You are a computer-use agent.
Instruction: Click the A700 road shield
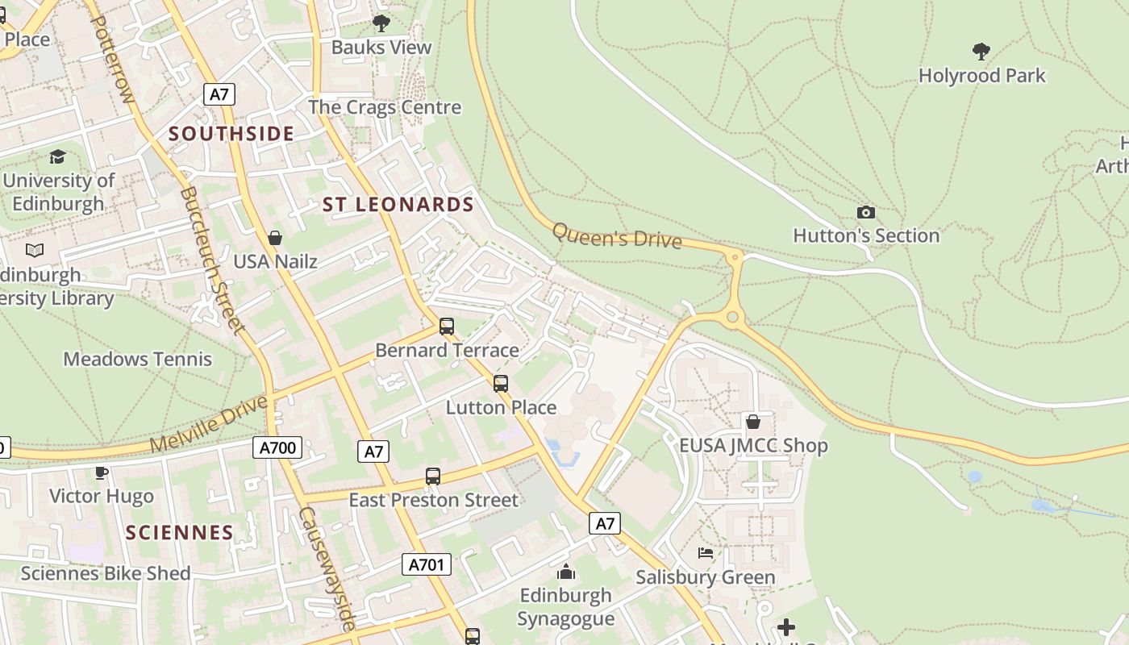pyautogui.click(x=278, y=447)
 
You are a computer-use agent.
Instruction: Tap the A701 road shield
pyautogui.click(x=427, y=564)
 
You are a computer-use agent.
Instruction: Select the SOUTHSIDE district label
pyautogui.click(x=231, y=134)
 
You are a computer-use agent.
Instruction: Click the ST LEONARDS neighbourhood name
pyautogui.click(x=398, y=205)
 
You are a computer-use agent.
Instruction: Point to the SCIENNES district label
pyautogui.click(x=180, y=532)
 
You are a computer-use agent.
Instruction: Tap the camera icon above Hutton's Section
pyautogui.click(x=865, y=212)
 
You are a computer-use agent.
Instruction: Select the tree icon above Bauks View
pyautogui.click(x=381, y=23)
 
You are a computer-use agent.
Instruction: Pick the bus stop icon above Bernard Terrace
pyautogui.click(x=446, y=327)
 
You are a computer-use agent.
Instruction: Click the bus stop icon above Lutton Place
pyautogui.click(x=501, y=384)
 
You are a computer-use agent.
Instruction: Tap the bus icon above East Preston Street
pyautogui.click(x=433, y=476)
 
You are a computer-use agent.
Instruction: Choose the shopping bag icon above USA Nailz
pyautogui.click(x=275, y=238)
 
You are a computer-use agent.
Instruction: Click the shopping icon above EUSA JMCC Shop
pyautogui.click(x=752, y=422)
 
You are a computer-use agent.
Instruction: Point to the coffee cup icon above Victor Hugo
pyautogui.click(x=101, y=472)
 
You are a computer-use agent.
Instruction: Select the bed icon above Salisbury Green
pyautogui.click(x=706, y=553)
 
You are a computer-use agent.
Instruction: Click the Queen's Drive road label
pyautogui.click(x=617, y=236)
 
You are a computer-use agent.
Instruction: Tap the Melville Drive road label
pyautogui.click(x=208, y=424)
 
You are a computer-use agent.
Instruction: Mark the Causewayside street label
pyautogui.click(x=327, y=568)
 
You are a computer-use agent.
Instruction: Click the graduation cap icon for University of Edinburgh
pyautogui.click(x=57, y=156)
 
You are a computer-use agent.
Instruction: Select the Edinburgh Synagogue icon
pyautogui.click(x=566, y=572)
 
